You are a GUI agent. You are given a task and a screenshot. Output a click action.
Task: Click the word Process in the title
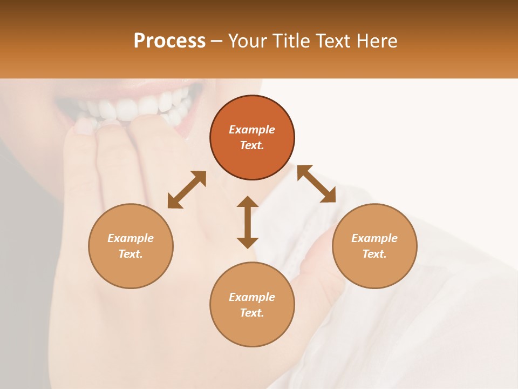click(x=169, y=41)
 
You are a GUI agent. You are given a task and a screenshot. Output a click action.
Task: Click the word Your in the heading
click(x=249, y=41)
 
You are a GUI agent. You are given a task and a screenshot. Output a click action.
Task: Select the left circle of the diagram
click(x=131, y=270)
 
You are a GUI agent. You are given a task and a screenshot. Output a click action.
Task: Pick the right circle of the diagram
click(x=374, y=270)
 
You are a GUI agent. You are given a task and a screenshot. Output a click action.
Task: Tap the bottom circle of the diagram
click(x=252, y=330)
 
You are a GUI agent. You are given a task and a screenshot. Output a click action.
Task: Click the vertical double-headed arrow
click(x=248, y=222)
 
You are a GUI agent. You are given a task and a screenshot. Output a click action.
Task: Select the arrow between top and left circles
click(x=187, y=190)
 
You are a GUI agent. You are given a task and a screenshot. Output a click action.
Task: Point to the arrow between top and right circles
click(x=316, y=184)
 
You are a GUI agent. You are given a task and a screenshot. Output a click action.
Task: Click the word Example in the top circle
click(x=252, y=130)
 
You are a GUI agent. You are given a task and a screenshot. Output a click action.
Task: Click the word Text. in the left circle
click(x=131, y=254)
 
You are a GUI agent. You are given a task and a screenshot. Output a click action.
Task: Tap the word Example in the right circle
click(x=374, y=238)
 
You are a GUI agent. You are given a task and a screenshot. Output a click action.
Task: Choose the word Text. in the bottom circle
click(x=252, y=313)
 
